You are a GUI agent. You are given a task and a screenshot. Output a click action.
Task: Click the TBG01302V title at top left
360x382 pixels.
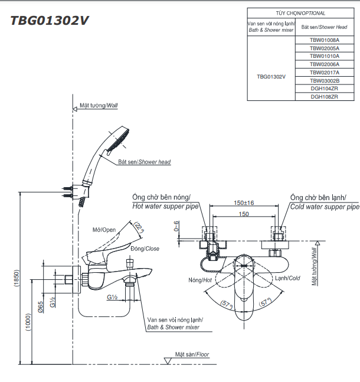coord(50,21)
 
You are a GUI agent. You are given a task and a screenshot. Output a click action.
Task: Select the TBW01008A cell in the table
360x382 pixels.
coord(325,40)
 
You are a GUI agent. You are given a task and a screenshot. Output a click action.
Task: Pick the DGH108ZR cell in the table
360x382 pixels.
coord(325,97)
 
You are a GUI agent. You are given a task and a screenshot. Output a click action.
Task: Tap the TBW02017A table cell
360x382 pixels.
coord(325,73)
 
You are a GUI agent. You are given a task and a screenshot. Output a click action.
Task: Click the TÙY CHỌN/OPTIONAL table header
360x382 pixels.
coord(300,13)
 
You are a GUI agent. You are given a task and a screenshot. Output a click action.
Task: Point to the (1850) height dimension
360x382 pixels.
coord(17,278)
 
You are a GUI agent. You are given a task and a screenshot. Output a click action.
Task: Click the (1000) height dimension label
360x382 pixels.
coord(28,322)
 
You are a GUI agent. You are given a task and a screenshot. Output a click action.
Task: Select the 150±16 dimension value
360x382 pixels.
coord(244,203)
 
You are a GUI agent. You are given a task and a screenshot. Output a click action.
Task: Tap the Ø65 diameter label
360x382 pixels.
coord(40,307)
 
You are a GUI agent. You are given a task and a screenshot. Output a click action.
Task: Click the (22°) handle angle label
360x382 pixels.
coord(139,227)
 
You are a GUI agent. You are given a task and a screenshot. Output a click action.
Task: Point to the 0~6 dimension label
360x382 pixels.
coord(176,226)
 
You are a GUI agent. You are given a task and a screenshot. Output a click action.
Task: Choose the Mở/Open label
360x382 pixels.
coord(104,230)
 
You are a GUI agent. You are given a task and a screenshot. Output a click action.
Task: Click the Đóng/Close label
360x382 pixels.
coord(145,249)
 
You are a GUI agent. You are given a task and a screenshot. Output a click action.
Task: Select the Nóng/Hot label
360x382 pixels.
coord(200,280)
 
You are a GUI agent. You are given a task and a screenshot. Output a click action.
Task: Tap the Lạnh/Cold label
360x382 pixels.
coord(287,278)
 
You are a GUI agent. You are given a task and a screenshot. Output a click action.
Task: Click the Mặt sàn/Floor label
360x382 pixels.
coord(192,354)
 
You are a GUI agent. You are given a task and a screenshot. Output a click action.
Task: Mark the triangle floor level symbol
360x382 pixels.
coord(168,361)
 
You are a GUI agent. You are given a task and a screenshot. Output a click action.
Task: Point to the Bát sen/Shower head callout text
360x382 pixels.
coord(145,162)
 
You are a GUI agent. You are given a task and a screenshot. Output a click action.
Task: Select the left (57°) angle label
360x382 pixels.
coord(227,305)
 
